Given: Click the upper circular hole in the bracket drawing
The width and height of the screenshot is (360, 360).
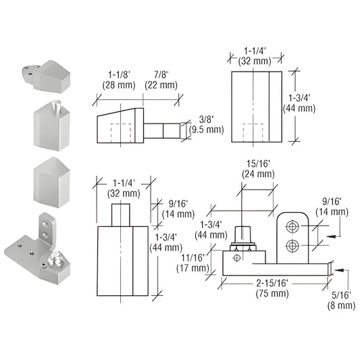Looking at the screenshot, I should click(292, 224).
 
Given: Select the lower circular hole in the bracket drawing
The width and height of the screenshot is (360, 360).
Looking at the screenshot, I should click(292, 244).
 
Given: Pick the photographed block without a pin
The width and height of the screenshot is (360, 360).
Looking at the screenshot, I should click(52, 181).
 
